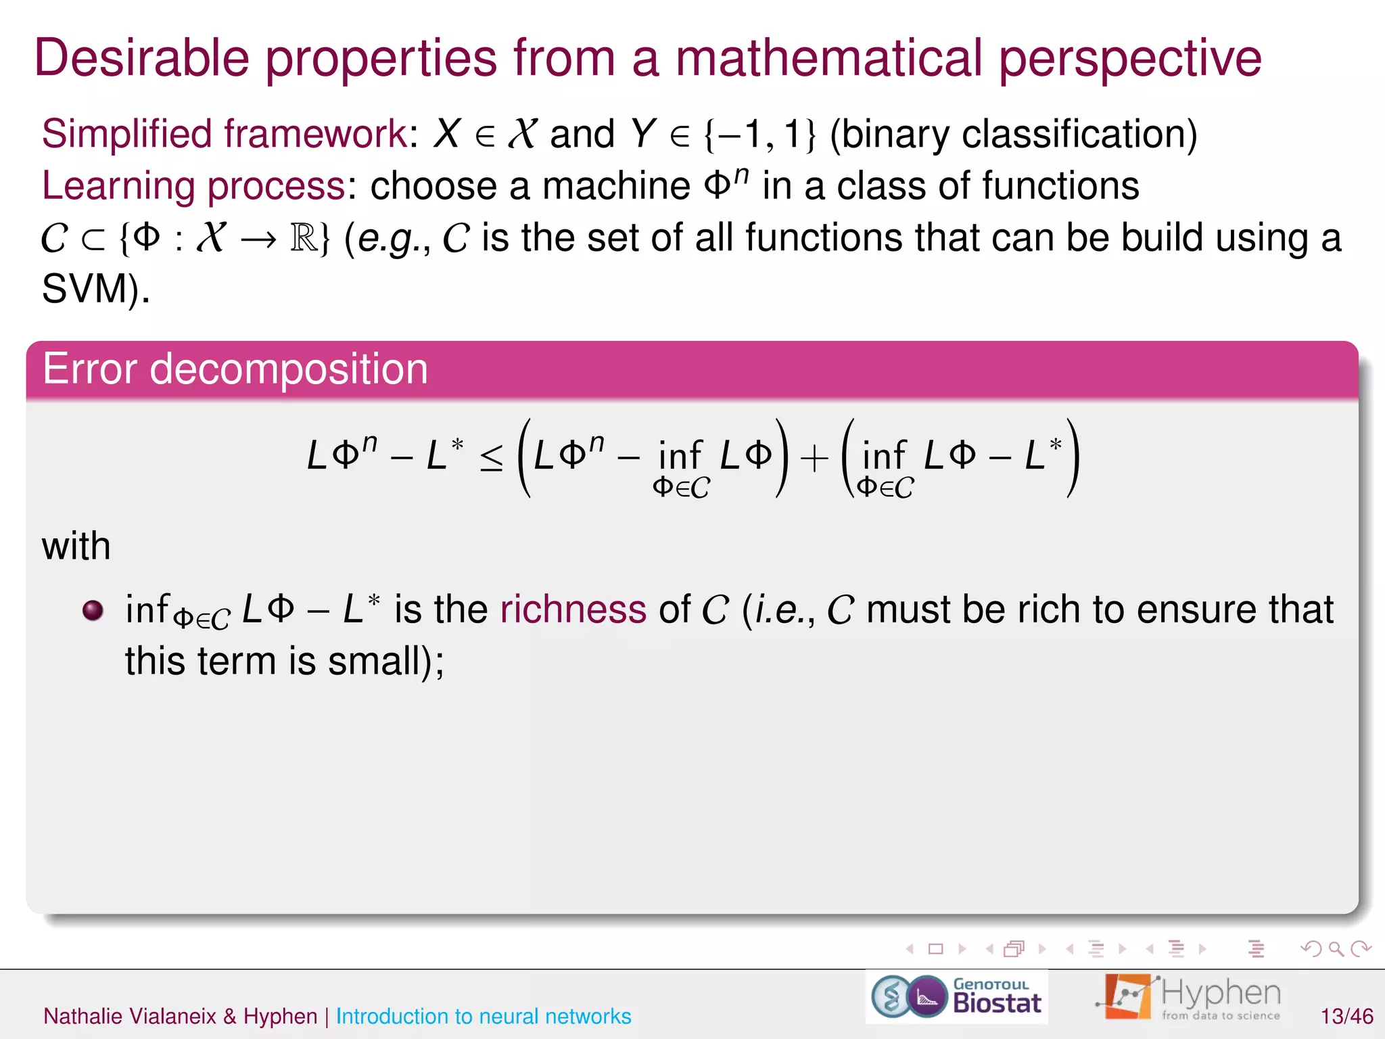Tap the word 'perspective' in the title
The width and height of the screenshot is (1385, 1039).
[1130, 60]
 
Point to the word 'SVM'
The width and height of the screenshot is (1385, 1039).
[85, 289]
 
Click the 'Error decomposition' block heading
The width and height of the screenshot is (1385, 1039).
[235, 369]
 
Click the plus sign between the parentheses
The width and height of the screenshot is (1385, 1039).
[814, 458]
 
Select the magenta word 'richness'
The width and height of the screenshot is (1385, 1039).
[573, 609]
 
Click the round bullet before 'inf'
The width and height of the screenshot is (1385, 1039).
[93, 610]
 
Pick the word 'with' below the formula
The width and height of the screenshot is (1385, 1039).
[76, 546]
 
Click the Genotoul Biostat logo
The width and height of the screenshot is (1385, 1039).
[957, 997]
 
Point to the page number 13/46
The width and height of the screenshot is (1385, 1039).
[1346, 1016]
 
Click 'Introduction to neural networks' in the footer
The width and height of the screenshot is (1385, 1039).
[484, 1016]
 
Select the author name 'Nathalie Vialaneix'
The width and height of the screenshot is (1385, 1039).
[130, 1016]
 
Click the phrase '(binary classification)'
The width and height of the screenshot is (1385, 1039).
[1013, 134]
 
